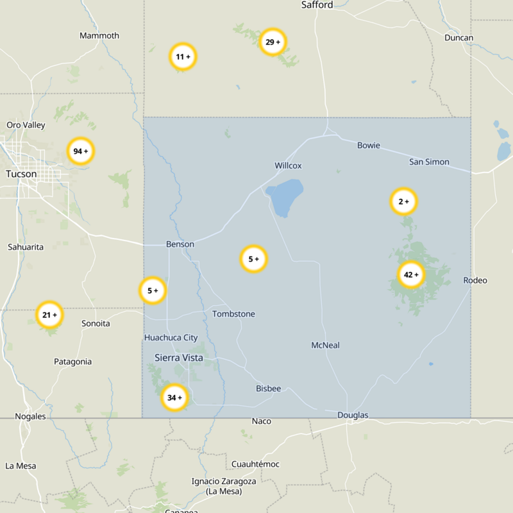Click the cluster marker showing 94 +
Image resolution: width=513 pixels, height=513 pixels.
pos(81,151)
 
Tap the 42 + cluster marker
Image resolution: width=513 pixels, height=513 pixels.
pos(411,275)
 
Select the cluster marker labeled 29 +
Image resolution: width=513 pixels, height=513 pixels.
pos(273,42)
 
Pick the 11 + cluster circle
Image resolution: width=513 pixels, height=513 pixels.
pos(183,57)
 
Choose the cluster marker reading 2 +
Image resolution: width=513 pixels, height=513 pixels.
pos(404,202)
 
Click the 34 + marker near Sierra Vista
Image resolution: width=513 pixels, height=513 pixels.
pos(175,398)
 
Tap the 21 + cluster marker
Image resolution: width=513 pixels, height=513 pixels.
pos(50,315)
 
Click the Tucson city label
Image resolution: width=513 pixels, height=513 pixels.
pos(21,174)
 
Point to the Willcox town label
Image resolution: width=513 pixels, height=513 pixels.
pos(288,165)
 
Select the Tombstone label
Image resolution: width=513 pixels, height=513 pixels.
pos(233,314)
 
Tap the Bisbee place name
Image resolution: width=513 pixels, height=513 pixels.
pos(268,389)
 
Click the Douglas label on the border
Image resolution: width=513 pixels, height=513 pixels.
pos(353,416)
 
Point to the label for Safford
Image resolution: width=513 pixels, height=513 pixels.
pos(317,5)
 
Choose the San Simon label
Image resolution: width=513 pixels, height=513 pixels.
pos(429,162)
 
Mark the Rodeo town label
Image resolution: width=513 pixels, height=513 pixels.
pos(475,280)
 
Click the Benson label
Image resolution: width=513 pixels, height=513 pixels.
pos(180,244)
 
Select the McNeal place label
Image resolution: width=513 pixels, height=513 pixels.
pos(325,345)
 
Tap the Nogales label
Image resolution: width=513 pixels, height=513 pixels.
pos(30,416)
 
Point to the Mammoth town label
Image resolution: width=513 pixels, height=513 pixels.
pos(99,35)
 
